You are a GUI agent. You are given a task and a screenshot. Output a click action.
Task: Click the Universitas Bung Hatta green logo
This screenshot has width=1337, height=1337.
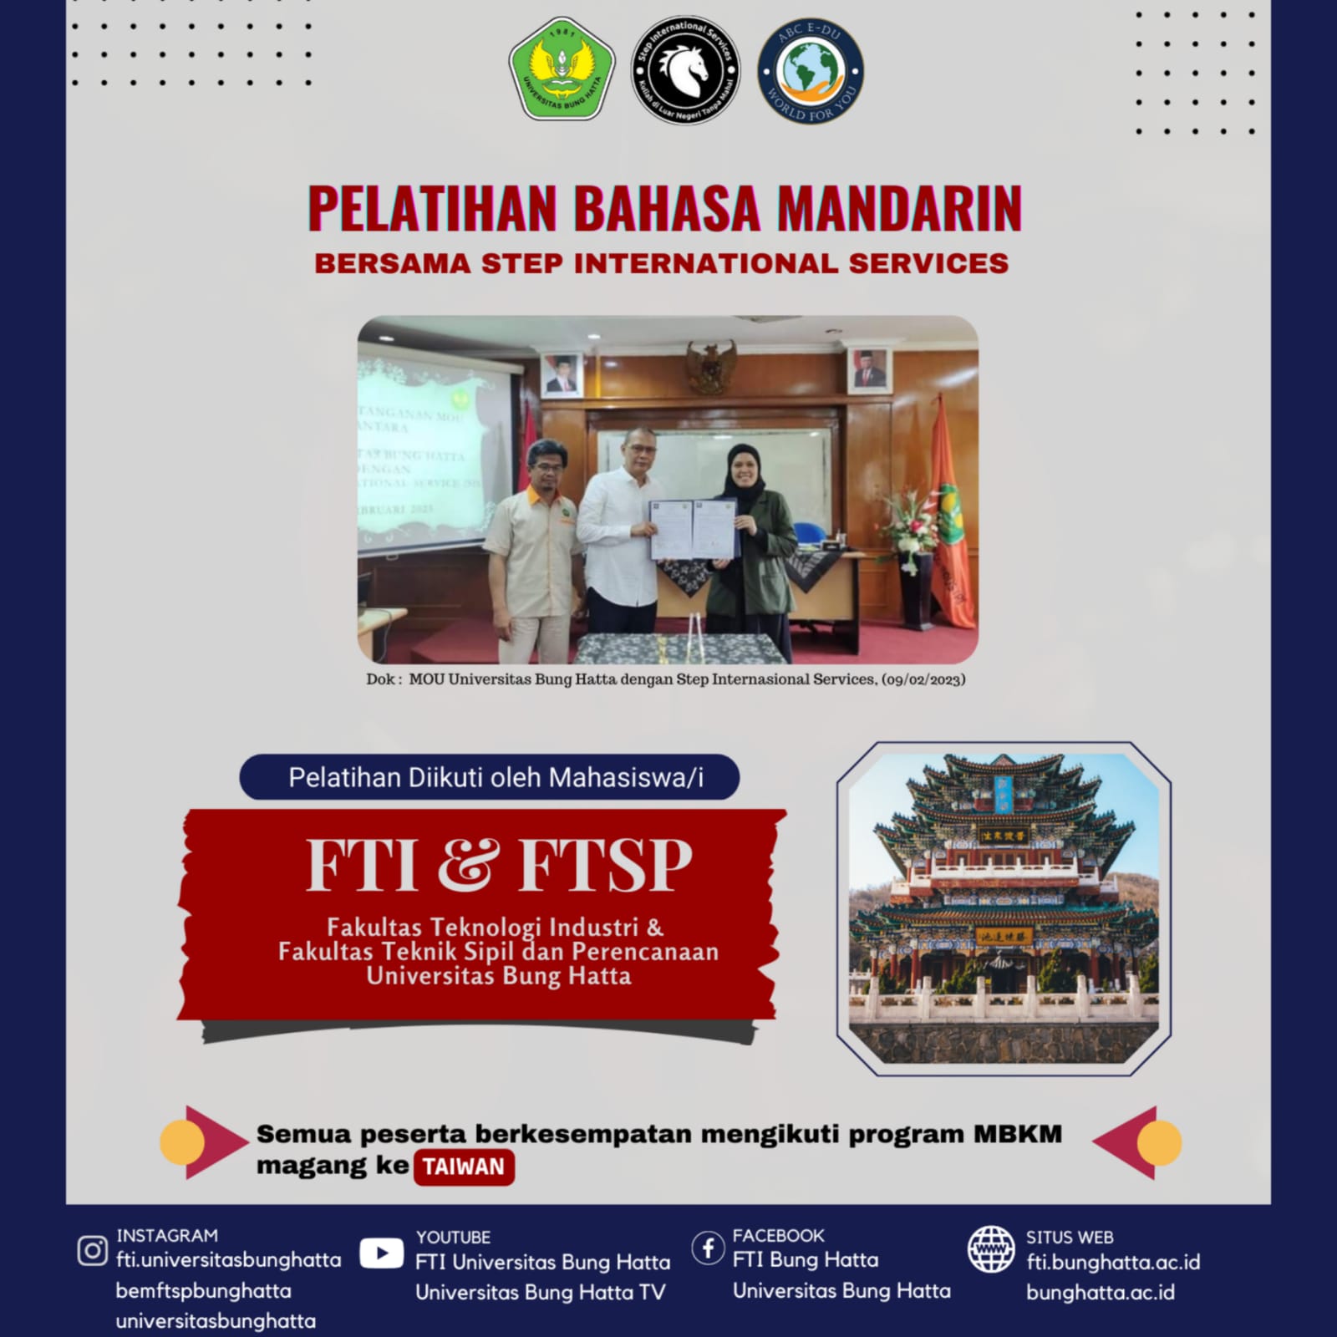pyautogui.click(x=562, y=70)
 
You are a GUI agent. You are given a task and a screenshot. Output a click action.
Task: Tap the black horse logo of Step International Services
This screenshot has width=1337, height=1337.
pyautogui.click(x=685, y=70)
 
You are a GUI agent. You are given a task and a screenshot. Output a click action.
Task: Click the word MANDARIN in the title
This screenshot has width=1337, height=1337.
pyautogui.click(x=899, y=209)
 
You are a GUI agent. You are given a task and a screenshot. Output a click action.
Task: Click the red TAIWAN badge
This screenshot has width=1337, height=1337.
pyautogui.click(x=463, y=1167)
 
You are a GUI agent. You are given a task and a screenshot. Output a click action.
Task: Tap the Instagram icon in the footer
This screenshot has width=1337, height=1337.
pyautogui.click(x=92, y=1251)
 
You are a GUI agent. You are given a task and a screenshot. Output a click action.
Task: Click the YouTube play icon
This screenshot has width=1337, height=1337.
pyautogui.click(x=381, y=1253)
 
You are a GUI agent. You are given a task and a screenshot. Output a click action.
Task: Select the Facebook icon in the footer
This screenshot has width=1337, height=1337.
pyautogui.click(x=708, y=1248)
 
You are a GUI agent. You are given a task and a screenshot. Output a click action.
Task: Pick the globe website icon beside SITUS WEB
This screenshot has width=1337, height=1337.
pyautogui.click(x=991, y=1250)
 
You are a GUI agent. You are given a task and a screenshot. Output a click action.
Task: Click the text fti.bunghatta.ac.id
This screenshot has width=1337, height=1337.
pyautogui.click(x=1112, y=1262)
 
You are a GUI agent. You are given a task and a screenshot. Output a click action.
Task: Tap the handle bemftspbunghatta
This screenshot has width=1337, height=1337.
pyautogui.click(x=203, y=1291)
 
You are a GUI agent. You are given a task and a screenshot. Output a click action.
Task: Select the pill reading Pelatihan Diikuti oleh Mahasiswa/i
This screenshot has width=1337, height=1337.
pyautogui.click(x=490, y=778)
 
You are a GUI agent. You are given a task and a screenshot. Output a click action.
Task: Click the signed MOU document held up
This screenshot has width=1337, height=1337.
pyautogui.click(x=694, y=528)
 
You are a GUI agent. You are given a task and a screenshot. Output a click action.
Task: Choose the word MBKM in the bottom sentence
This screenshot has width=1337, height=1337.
pyautogui.click(x=1017, y=1135)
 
